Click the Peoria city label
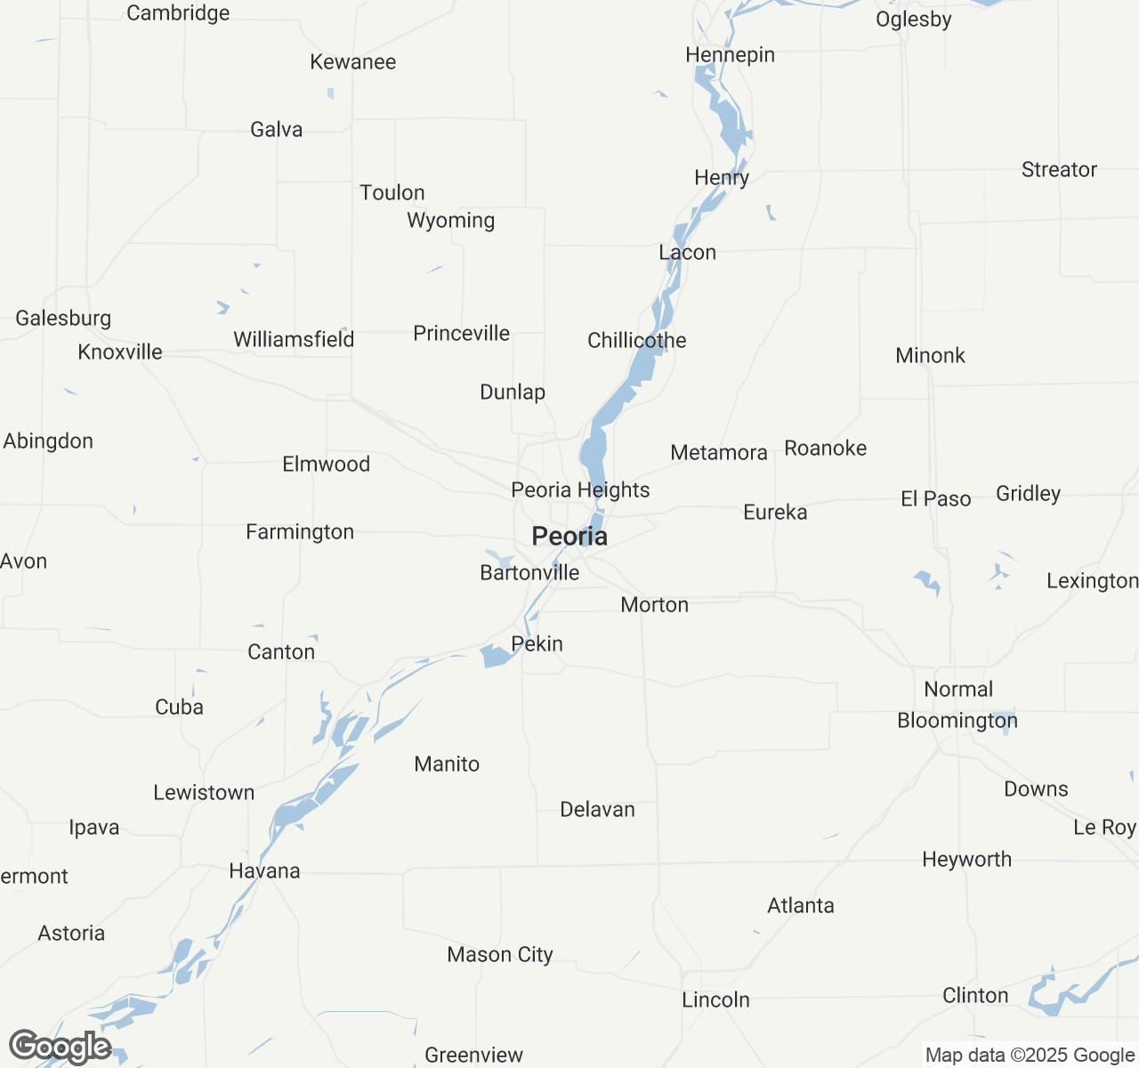[x=569, y=537]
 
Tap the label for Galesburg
[x=63, y=319]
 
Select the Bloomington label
[x=957, y=721]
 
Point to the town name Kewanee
[x=353, y=62]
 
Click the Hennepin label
[x=730, y=55]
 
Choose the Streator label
[x=1059, y=170]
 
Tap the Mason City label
[x=500, y=955]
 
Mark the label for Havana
[x=264, y=871]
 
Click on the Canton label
[x=281, y=652]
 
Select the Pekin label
[x=537, y=644]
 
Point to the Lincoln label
[x=715, y=1000]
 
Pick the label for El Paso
[x=935, y=499]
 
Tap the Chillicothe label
[x=637, y=341]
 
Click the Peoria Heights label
[x=580, y=490]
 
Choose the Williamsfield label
[x=294, y=340]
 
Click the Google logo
[x=60, y=1047]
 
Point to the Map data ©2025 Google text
[x=1030, y=1056]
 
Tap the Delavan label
[x=597, y=810]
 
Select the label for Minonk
[x=930, y=356]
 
